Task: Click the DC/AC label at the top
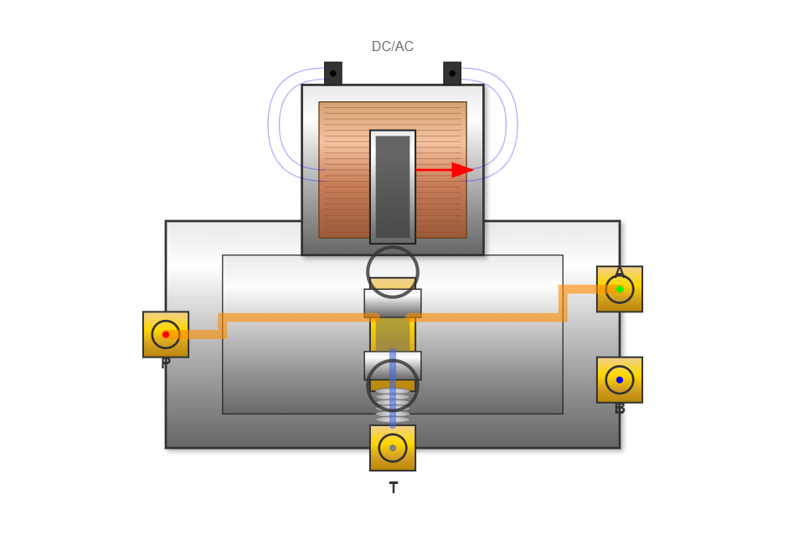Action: [392, 47]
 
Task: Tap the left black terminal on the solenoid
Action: [332, 73]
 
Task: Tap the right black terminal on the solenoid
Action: [452, 73]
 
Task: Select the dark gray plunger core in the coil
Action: [392, 186]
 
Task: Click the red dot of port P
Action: [166, 334]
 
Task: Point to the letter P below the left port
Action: [166, 363]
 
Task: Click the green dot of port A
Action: [620, 289]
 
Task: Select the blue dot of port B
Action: [620, 379]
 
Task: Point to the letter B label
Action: [620, 409]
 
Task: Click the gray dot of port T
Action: [393, 448]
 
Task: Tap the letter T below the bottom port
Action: [393, 488]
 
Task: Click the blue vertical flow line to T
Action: [393, 368]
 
